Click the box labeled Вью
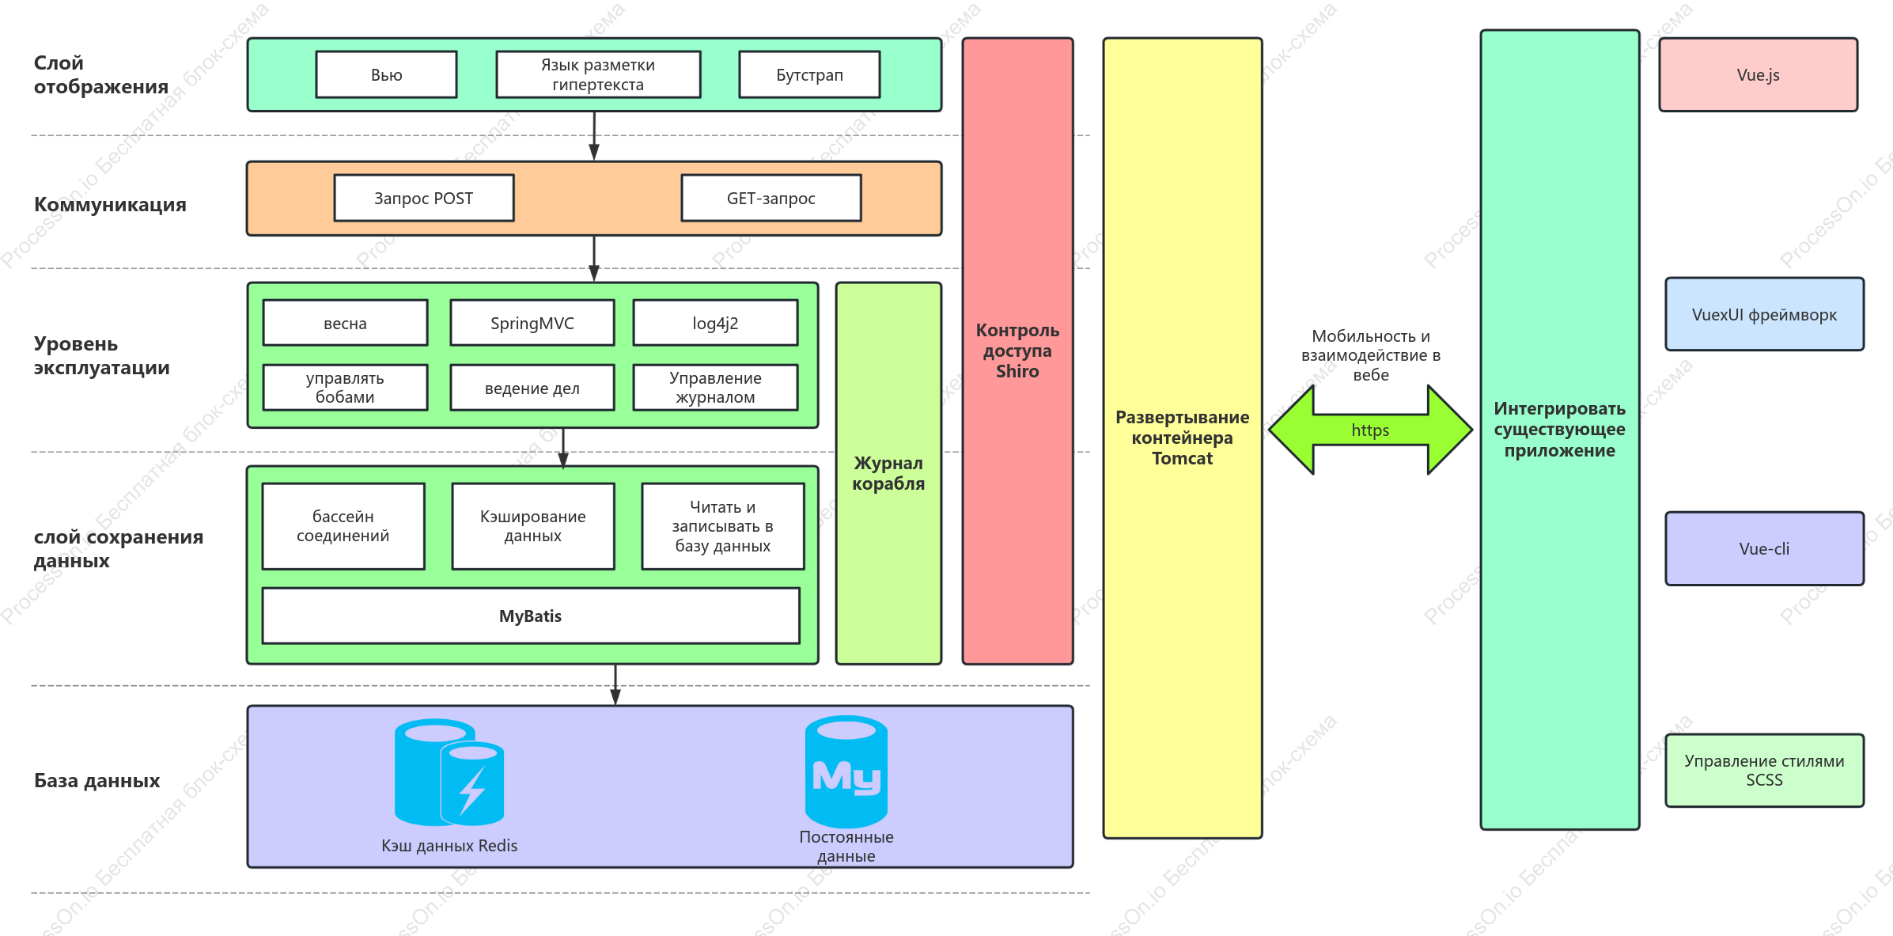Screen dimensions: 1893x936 pos(386,74)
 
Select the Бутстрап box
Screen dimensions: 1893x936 pos(809,74)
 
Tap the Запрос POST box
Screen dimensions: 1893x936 pos(424,198)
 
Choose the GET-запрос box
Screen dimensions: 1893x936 pos(771,198)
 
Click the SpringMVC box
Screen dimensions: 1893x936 pos(532,323)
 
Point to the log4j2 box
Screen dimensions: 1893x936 pos(715,323)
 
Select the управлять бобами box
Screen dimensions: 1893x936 pos(345,388)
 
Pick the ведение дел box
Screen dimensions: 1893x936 pos(532,388)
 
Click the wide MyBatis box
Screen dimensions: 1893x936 pos(531,616)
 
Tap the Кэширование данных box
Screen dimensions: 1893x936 pos(533,526)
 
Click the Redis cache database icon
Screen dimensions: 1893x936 pos(449,772)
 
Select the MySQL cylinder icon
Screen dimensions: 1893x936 pos(846,771)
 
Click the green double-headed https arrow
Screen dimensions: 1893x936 pos(1370,430)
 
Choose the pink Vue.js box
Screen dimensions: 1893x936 pos(1759,74)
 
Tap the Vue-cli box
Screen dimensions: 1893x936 pos(1765,548)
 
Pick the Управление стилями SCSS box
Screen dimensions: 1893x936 pos(1765,770)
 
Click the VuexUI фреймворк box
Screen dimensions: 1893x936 pos(1765,314)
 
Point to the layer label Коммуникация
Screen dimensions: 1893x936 pos(110,204)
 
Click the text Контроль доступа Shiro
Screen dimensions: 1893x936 pos(1017,351)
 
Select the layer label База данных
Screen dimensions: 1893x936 pos(97,780)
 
